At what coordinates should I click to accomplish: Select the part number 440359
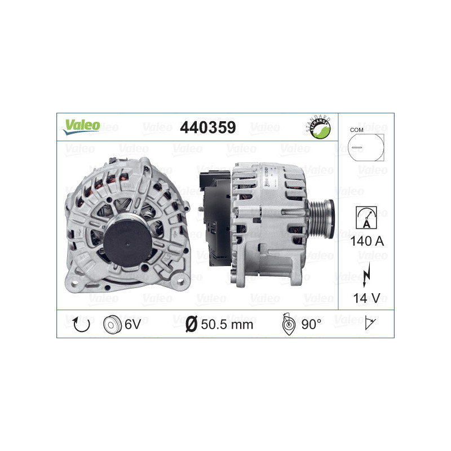click(207, 127)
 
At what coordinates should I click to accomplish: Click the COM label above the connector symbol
click(356, 130)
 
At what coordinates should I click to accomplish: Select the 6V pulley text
click(132, 324)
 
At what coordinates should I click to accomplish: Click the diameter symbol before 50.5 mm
click(191, 324)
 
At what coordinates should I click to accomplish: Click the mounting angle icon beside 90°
click(288, 324)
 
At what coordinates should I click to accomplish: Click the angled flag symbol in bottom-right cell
click(371, 324)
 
